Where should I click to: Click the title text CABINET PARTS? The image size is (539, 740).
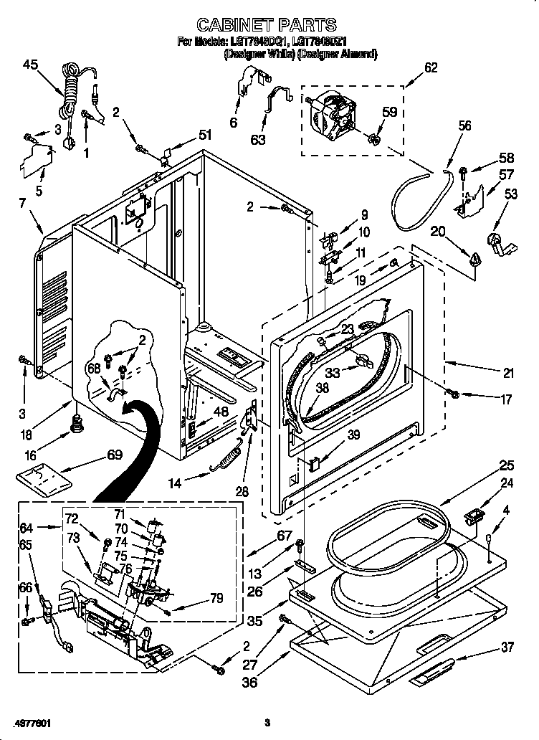(x=266, y=27)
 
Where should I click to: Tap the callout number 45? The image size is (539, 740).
(x=30, y=65)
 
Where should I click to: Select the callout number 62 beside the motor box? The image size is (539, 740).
(x=431, y=68)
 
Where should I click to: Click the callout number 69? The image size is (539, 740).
(x=114, y=455)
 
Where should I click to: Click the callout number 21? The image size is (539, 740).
(x=508, y=372)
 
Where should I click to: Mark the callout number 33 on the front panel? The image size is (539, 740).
(x=332, y=372)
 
